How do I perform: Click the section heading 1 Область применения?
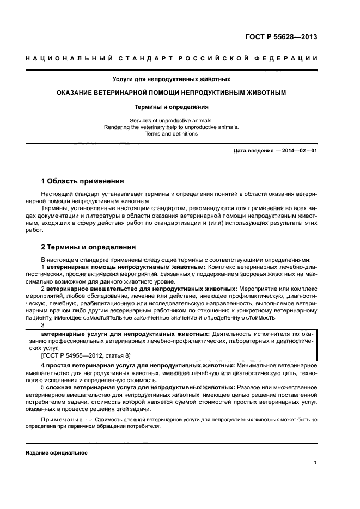click(82, 181)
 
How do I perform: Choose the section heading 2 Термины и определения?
click(88, 247)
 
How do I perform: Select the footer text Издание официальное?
click(56, 453)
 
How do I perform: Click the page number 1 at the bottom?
click(315, 463)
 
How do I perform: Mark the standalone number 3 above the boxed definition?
click(43, 325)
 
